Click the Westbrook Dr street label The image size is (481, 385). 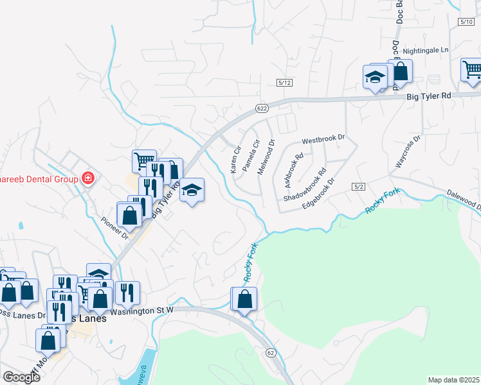323,138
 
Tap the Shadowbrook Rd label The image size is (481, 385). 305,185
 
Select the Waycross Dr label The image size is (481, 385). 407,152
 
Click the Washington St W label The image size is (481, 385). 142,311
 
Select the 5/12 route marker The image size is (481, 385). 285,83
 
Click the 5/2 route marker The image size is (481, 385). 359,186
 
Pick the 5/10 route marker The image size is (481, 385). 467,22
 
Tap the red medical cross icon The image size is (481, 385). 87,178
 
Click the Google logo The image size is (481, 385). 21,377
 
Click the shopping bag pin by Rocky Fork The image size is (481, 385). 245,299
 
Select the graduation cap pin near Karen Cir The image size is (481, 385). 192,190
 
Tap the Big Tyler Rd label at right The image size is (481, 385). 429,96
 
